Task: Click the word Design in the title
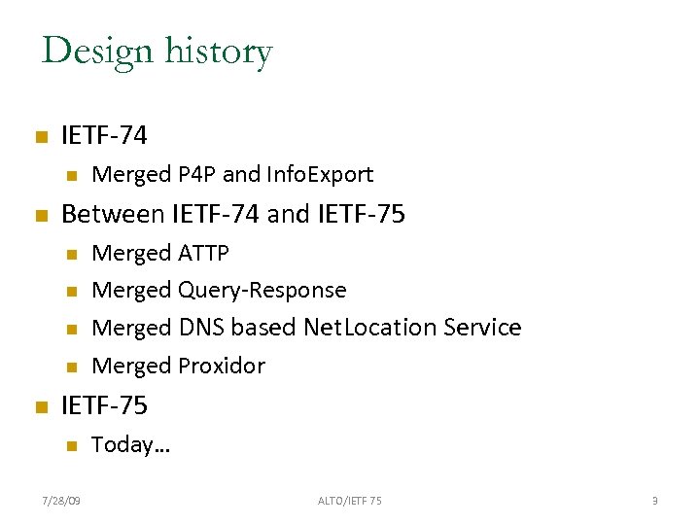tap(97, 51)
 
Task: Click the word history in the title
tap(217, 51)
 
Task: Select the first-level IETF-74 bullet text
tap(104, 136)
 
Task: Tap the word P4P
tap(197, 175)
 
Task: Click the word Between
tap(113, 214)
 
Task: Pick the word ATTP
tap(204, 253)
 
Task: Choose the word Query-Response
tap(262, 290)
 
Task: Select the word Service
tap(482, 328)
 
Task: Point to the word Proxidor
tap(222, 366)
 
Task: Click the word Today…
tap(130, 445)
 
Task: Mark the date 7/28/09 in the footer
tap(62, 501)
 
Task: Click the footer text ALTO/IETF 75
tap(350, 501)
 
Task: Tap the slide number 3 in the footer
tap(655, 501)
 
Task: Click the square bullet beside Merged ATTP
tap(70, 255)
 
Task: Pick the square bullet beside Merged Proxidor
tap(70, 367)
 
